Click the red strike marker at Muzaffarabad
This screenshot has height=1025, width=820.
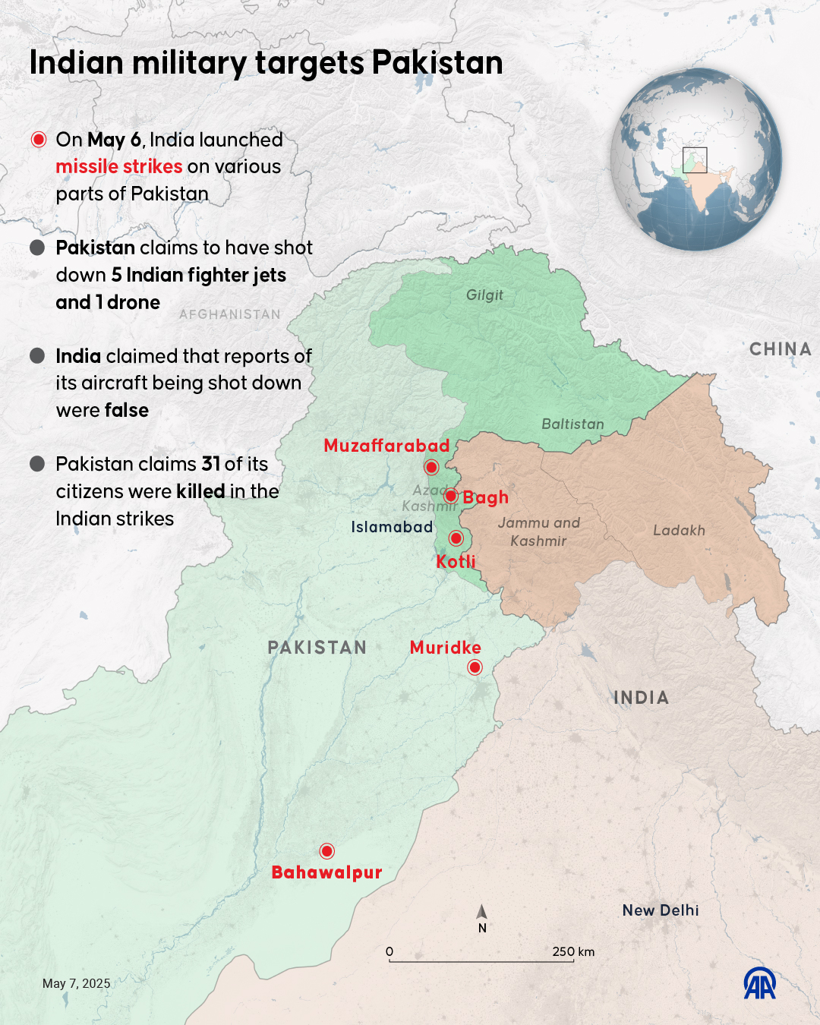point(431,467)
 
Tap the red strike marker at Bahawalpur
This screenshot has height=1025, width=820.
point(327,850)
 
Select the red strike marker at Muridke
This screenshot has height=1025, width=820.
point(475,667)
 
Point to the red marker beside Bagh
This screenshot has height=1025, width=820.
point(450,496)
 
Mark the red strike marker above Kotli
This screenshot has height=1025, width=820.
point(456,538)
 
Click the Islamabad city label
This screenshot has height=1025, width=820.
point(392,527)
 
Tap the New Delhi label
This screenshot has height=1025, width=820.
point(661,910)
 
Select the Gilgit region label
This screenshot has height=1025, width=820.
point(484,295)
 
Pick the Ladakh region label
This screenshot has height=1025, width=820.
point(679,531)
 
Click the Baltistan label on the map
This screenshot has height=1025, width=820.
point(572,424)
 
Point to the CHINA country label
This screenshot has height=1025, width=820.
point(781,349)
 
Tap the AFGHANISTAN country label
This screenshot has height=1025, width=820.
point(230,314)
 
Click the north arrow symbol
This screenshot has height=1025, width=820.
point(482,913)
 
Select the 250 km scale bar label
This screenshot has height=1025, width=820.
point(573,952)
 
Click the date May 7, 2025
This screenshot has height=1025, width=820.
point(77,983)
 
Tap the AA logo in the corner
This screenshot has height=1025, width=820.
point(759,983)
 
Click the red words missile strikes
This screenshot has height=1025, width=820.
point(119,167)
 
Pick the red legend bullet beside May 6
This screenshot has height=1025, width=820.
point(39,140)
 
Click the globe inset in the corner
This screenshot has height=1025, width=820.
point(695,159)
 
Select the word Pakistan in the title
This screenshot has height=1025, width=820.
point(437,63)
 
